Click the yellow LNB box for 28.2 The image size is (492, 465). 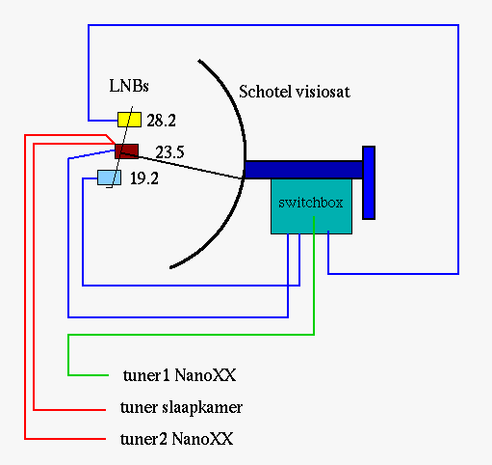point(129,120)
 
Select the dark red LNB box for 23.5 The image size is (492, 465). point(127,151)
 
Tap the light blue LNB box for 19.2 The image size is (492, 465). point(110,178)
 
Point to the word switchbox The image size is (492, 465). point(311,203)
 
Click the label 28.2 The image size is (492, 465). point(161,121)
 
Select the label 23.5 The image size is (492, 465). point(169,152)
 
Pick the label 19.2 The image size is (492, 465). point(144,178)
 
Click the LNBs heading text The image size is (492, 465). point(129,86)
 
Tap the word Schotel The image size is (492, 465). point(266,92)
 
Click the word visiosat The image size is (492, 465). point(323,92)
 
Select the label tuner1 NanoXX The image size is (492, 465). point(179,375)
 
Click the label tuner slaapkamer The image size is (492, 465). point(181,407)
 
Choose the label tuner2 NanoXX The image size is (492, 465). point(177,439)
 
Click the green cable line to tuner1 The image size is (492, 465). point(192,335)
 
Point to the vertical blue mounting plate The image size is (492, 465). point(369,182)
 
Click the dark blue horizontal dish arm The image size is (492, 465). point(303,170)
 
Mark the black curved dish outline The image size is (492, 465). point(245,154)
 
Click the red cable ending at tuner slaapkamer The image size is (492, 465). point(34,277)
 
